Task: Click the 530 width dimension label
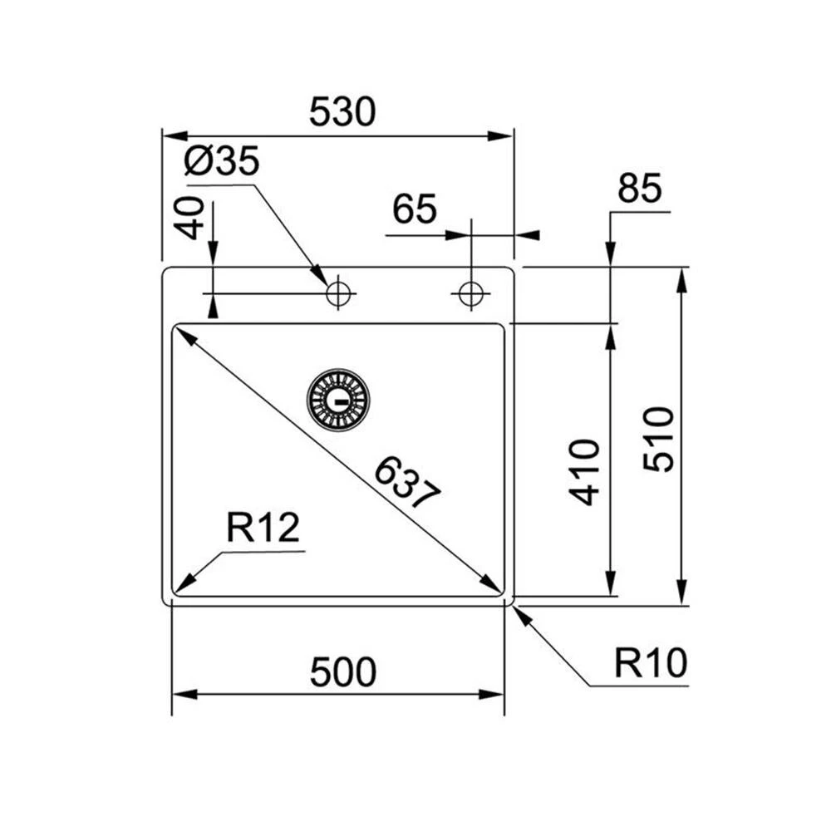point(342,112)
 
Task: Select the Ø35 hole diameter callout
point(222,161)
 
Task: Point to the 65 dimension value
point(415,209)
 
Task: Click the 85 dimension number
point(639,189)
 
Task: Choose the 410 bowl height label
point(587,472)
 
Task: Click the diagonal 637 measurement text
point(406,483)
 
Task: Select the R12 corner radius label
point(263,528)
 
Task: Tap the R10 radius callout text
point(651,664)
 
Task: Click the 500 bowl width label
point(342,672)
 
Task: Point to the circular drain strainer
point(337,400)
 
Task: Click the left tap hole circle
point(338,293)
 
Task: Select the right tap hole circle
point(470,293)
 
